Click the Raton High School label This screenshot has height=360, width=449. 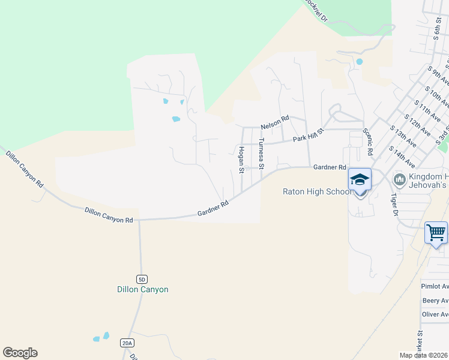pos(317,191)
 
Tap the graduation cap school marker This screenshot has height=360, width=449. pos(360,179)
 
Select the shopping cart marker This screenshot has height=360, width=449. pos(436,232)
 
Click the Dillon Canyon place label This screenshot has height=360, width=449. pos(142,289)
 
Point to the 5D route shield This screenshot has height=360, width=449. pos(142,279)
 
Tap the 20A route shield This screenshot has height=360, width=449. pos(126,343)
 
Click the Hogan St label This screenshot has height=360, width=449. pos(241,160)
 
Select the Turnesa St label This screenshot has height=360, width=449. pos(261,154)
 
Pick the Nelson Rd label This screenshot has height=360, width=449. pos(275,126)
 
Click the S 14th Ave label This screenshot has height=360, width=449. pos(402,155)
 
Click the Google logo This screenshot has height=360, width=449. pos(20,353)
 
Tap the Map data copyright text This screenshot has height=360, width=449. pos(423,355)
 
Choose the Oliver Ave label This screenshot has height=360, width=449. pos(435,314)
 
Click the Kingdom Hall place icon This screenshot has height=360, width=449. pos(399,179)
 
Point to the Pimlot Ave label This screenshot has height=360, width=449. pos(435,287)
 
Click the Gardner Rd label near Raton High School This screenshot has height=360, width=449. pos(330,167)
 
